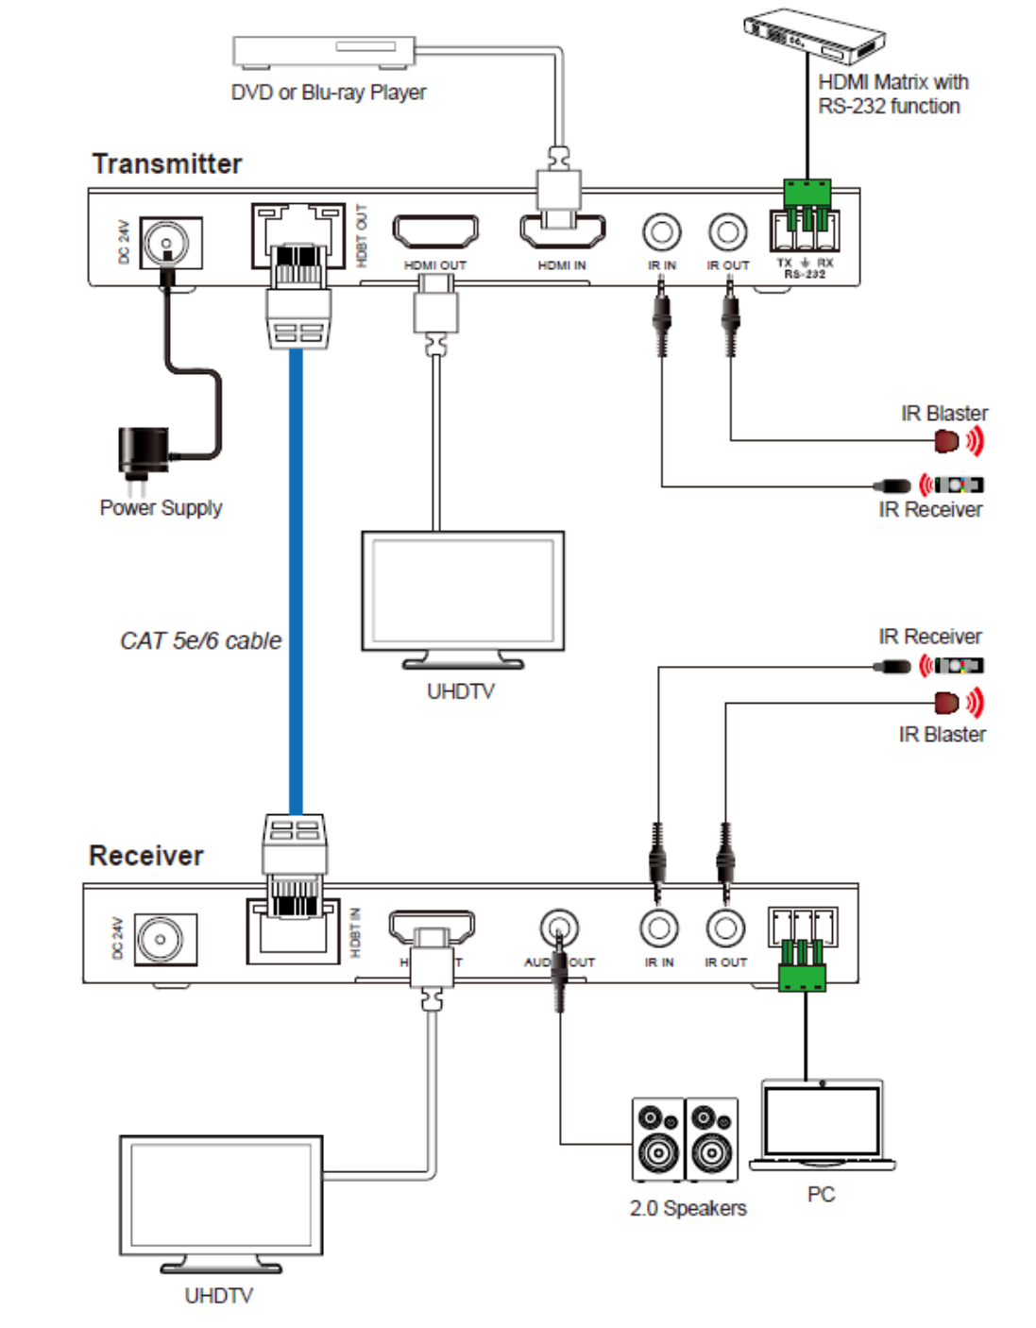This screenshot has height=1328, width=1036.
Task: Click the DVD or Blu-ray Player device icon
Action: tap(324, 51)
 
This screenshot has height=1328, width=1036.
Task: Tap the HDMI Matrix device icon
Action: tap(813, 36)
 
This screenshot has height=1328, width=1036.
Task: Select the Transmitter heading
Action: tap(167, 163)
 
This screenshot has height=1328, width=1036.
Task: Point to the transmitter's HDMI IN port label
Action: tap(562, 265)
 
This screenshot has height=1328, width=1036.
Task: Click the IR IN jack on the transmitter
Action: tap(662, 232)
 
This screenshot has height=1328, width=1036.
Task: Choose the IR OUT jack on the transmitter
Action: tap(728, 232)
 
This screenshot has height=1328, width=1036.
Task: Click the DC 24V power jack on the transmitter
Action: tap(169, 243)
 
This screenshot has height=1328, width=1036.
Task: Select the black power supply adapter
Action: tap(144, 450)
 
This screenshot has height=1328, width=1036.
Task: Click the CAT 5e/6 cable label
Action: tap(200, 640)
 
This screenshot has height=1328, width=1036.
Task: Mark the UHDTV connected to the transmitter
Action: tap(463, 595)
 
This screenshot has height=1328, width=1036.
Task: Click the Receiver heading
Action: tap(146, 856)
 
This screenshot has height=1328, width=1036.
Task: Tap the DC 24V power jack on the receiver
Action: tap(162, 939)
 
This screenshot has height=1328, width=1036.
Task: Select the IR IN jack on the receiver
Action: tap(658, 928)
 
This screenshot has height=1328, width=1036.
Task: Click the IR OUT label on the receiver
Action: tap(725, 962)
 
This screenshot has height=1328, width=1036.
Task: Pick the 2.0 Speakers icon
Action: tap(685, 1139)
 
